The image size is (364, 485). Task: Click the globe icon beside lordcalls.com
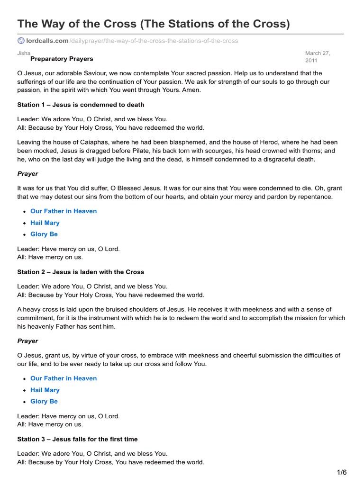point(21,41)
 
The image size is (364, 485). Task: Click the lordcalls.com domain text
point(47,41)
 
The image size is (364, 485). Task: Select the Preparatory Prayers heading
point(62,59)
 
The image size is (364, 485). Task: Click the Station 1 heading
point(81,104)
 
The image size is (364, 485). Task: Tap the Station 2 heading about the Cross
point(81,272)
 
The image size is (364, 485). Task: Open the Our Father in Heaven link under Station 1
point(64,211)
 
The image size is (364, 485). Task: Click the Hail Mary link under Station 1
point(45,223)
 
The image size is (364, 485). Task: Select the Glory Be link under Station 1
point(44,234)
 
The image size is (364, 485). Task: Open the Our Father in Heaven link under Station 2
point(64,378)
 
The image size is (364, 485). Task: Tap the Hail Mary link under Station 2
point(45,390)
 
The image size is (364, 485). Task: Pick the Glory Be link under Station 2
point(44,401)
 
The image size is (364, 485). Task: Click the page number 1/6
point(342,472)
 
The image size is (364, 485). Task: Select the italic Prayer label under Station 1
point(27,174)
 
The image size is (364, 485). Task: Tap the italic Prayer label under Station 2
point(27,341)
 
